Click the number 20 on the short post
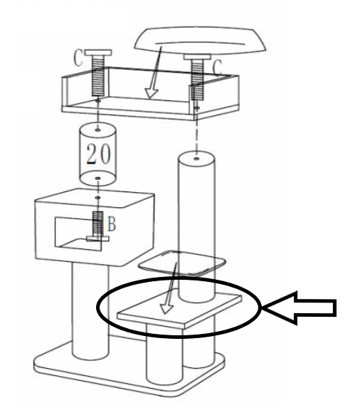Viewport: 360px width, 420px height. click(98, 154)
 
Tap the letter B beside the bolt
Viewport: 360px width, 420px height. click(112, 224)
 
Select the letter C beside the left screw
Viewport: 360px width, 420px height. click(78, 58)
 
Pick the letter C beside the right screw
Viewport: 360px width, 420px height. click(217, 67)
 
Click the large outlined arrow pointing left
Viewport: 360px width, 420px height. click(300, 308)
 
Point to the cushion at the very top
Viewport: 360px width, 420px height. click(201, 40)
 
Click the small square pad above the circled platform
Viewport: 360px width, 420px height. click(181, 263)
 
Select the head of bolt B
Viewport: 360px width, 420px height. click(97, 238)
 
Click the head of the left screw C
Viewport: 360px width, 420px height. click(98, 53)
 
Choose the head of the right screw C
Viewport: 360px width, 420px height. click(197, 57)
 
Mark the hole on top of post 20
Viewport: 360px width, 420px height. click(97, 130)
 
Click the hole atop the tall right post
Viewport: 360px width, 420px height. click(196, 159)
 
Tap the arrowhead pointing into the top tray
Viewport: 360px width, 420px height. click(152, 93)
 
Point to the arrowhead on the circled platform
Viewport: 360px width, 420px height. click(166, 308)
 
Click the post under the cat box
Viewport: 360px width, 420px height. click(90, 310)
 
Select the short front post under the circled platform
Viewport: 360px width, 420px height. click(164, 354)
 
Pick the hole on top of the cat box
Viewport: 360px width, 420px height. click(98, 197)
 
